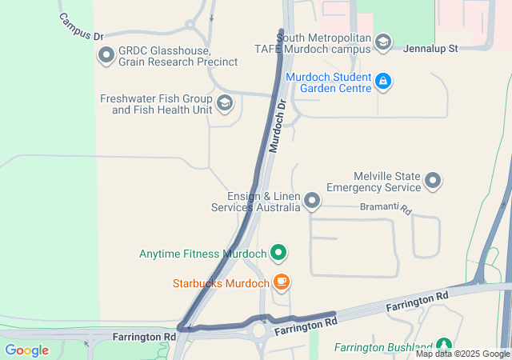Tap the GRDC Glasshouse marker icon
(x=106, y=55)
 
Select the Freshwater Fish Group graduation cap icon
(x=226, y=102)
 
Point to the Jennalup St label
(x=430, y=49)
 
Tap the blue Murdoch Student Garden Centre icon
(x=383, y=81)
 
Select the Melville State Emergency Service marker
(x=434, y=181)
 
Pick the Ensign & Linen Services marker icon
(x=312, y=200)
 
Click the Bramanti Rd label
(x=384, y=209)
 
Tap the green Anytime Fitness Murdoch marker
(x=278, y=254)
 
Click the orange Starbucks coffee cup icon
(x=281, y=282)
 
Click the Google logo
(x=26, y=350)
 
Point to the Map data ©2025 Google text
(x=462, y=354)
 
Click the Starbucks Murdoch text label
(x=221, y=283)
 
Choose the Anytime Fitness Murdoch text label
(x=202, y=254)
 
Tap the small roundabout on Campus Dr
(x=190, y=25)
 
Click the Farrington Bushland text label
(x=383, y=347)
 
